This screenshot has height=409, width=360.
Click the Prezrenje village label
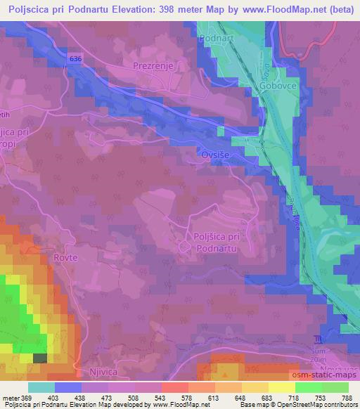point(153,65)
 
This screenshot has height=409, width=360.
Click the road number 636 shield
point(75,59)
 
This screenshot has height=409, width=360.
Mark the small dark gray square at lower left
point(40,358)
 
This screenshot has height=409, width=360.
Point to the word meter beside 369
point(11,398)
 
